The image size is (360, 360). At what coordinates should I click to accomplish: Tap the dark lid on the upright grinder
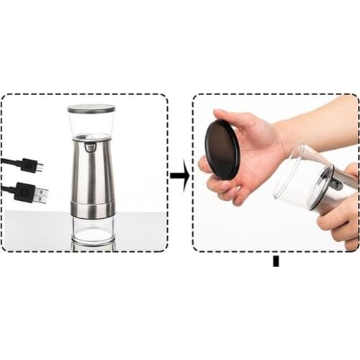pyautogui.click(x=91, y=109)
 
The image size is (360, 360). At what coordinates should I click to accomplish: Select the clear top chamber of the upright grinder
pyautogui.click(x=91, y=124)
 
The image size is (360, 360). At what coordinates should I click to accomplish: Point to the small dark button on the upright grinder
pyautogui.click(x=90, y=147)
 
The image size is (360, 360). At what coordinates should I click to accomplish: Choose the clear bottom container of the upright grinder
pyautogui.click(x=92, y=229)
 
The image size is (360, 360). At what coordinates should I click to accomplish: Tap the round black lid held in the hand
pyautogui.click(x=222, y=149)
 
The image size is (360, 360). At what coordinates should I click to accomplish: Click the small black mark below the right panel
pyautogui.click(x=275, y=261)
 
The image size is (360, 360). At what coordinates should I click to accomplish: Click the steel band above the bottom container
pyautogui.click(x=92, y=209)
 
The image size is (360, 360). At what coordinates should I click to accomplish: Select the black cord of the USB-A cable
pyautogui.click(x=7, y=189)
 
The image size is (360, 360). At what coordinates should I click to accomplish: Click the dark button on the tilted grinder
pyautogui.click(x=336, y=183)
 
